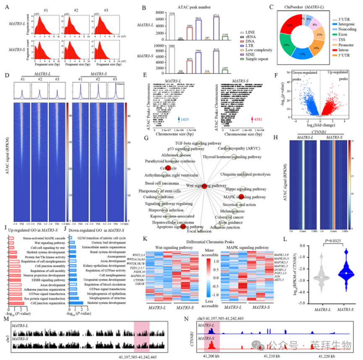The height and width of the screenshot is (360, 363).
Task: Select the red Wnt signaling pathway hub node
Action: coord(204,186)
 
